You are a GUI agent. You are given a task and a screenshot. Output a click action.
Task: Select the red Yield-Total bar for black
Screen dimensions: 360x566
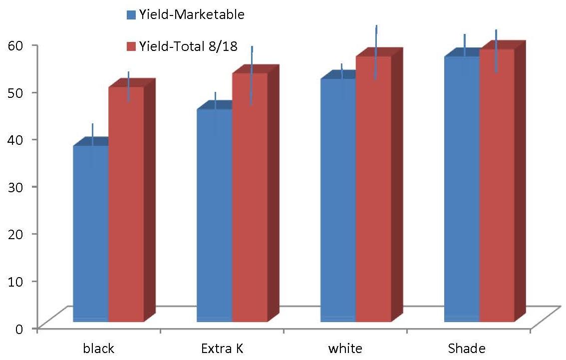[126, 205]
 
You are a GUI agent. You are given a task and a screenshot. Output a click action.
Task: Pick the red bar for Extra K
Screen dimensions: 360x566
[250, 198]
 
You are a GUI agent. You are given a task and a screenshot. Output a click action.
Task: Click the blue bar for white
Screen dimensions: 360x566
[338, 200]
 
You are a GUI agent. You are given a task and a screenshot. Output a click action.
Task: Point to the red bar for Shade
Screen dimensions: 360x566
[497, 185]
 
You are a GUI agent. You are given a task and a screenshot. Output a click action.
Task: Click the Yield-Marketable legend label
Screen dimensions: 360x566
[191, 15]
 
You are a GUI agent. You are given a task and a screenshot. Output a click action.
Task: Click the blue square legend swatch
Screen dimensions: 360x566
[131, 15]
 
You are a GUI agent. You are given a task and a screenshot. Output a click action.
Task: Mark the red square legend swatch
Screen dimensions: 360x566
[131, 47]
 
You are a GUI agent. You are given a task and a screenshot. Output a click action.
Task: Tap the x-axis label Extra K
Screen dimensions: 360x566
[222, 348]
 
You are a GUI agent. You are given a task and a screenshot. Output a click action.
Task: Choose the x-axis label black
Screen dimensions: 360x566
[98, 348]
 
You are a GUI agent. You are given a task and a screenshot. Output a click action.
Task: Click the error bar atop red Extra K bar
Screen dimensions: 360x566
[252, 75]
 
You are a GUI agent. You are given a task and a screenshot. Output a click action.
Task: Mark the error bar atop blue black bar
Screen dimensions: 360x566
[92, 135]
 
